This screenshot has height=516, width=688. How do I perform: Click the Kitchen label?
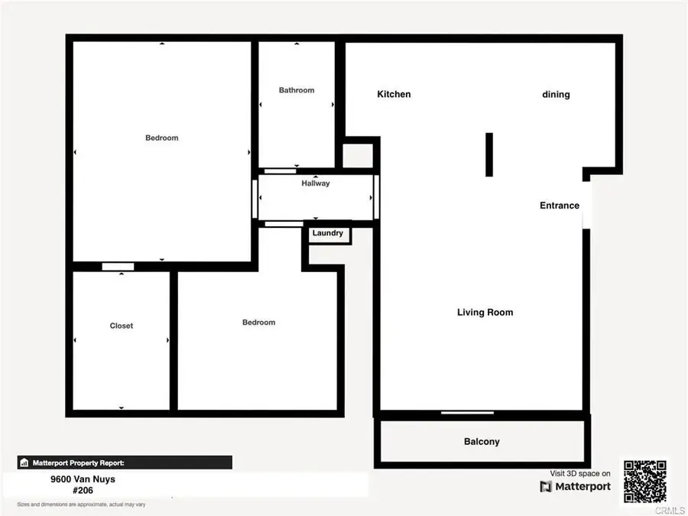click(394, 94)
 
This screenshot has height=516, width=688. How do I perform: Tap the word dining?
click(556, 95)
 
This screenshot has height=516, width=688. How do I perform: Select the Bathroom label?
click(297, 90)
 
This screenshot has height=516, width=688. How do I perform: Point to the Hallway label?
click(316, 183)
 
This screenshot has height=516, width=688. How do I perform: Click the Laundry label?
click(328, 233)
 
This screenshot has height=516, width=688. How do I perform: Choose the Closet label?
click(122, 326)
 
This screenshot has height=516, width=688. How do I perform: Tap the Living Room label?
click(485, 312)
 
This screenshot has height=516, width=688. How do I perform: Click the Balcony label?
click(482, 442)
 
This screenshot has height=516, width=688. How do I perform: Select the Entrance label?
click(560, 206)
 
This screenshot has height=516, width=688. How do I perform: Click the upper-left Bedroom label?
click(161, 138)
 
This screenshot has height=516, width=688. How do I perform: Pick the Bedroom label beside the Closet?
click(258, 323)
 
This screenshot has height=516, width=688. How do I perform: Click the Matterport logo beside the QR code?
click(576, 486)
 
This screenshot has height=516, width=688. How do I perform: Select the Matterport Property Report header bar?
click(125, 462)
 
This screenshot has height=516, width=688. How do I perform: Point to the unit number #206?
click(72, 492)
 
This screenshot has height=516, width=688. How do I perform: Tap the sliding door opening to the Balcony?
click(467, 414)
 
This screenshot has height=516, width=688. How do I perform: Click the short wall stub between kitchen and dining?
click(488, 155)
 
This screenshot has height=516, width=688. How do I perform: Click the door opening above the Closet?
click(118, 267)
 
